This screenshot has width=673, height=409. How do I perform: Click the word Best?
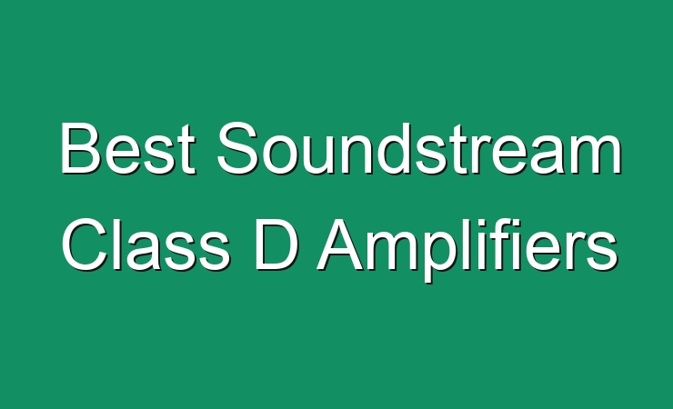pos(128,148)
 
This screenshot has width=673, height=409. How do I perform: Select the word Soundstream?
pos(420,148)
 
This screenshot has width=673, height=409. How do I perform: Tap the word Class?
pos(146,244)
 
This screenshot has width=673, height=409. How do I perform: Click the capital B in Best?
pos(82,148)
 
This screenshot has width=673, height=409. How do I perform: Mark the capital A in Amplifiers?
pos(344,244)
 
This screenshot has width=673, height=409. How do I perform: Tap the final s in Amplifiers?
pos(602,252)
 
